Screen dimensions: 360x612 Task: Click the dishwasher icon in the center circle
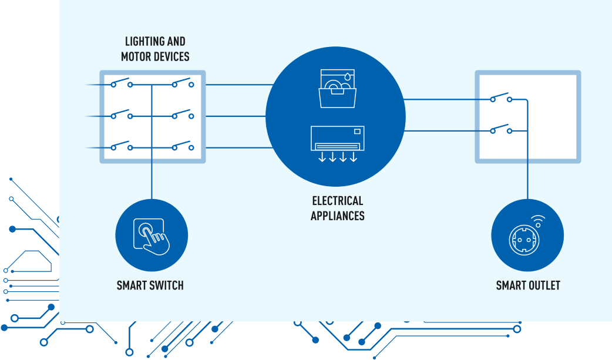tap(338, 89)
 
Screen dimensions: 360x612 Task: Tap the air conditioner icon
tap(337, 139)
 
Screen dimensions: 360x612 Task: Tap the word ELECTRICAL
tap(337, 201)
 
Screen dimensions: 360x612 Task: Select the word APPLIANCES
tap(337, 216)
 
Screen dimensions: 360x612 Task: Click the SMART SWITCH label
tap(150, 286)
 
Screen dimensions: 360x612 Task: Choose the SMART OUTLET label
tap(528, 286)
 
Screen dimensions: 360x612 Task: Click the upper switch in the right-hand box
tap(500, 97)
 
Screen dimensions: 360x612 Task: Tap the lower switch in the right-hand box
tap(500, 129)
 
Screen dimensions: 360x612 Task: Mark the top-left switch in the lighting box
tap(121, 83)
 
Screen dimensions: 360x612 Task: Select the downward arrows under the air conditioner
tap(337, 157)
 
